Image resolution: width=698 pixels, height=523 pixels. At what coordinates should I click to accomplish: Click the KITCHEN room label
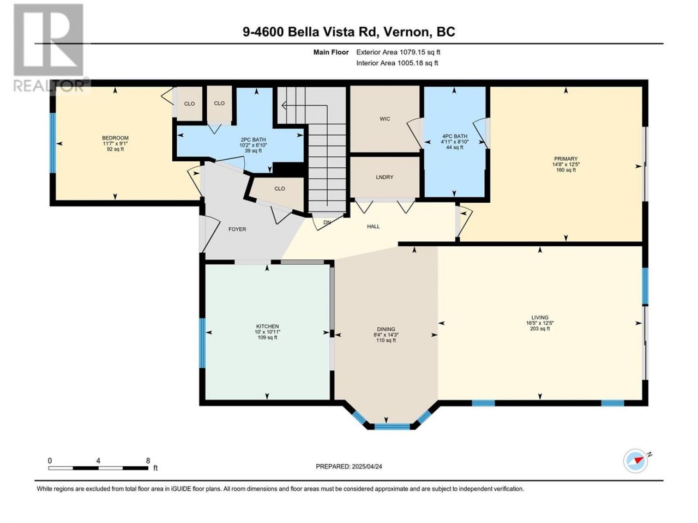pyautogui.click(x=267, y=326)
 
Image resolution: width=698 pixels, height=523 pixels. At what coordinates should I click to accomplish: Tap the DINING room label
pyautogui.click(x=386, y=329)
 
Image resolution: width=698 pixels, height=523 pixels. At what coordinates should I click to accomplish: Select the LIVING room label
pyautogui.click(x=540, y=317)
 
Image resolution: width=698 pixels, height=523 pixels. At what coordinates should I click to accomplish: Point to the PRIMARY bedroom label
pyautogui.click(x=565, y=159)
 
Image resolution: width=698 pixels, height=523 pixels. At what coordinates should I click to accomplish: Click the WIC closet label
pyautogui.click(x=384, y=119)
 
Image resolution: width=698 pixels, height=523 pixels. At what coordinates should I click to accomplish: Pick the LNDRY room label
pyautogui.click(x=384, y=177)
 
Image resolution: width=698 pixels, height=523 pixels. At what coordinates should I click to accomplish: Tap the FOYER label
pyautogui.click(x=237, y=229)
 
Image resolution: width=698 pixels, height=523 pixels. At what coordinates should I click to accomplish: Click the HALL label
pyautogui.click(x=374, y=227)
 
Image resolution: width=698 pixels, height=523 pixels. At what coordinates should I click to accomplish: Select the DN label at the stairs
pyautogui.click(x=327, y=222)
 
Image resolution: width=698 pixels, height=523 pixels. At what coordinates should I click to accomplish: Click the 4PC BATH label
pyautogui.click(x=454, y=136)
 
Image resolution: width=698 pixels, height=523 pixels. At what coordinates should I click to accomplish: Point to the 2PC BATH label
pyautogui.click(x=253, y=139)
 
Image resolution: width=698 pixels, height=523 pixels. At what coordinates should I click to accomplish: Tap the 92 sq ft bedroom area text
pyautogui.click(x=115, y=149)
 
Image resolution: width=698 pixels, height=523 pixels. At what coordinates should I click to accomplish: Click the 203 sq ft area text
pyautogui.click(x=540, y=329)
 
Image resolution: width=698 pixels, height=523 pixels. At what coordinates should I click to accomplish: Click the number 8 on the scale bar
pyautogui.click(x=148, y=460)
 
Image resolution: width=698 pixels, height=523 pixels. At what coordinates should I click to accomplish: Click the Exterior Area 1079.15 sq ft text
pyautogui.click(x=398, y=52)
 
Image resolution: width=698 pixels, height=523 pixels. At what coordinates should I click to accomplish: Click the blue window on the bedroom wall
pyautogui.click(x=52, y=143)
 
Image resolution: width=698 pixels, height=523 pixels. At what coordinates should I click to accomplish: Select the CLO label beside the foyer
pyautogui.click(x=280, y=188)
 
